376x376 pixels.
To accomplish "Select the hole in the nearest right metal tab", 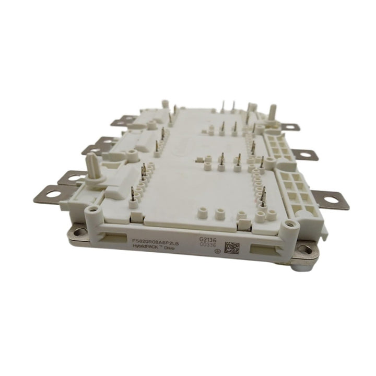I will click(332, 199).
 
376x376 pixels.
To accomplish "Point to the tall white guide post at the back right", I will click(272, 111).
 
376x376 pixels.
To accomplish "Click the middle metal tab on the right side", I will click(300, 154).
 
